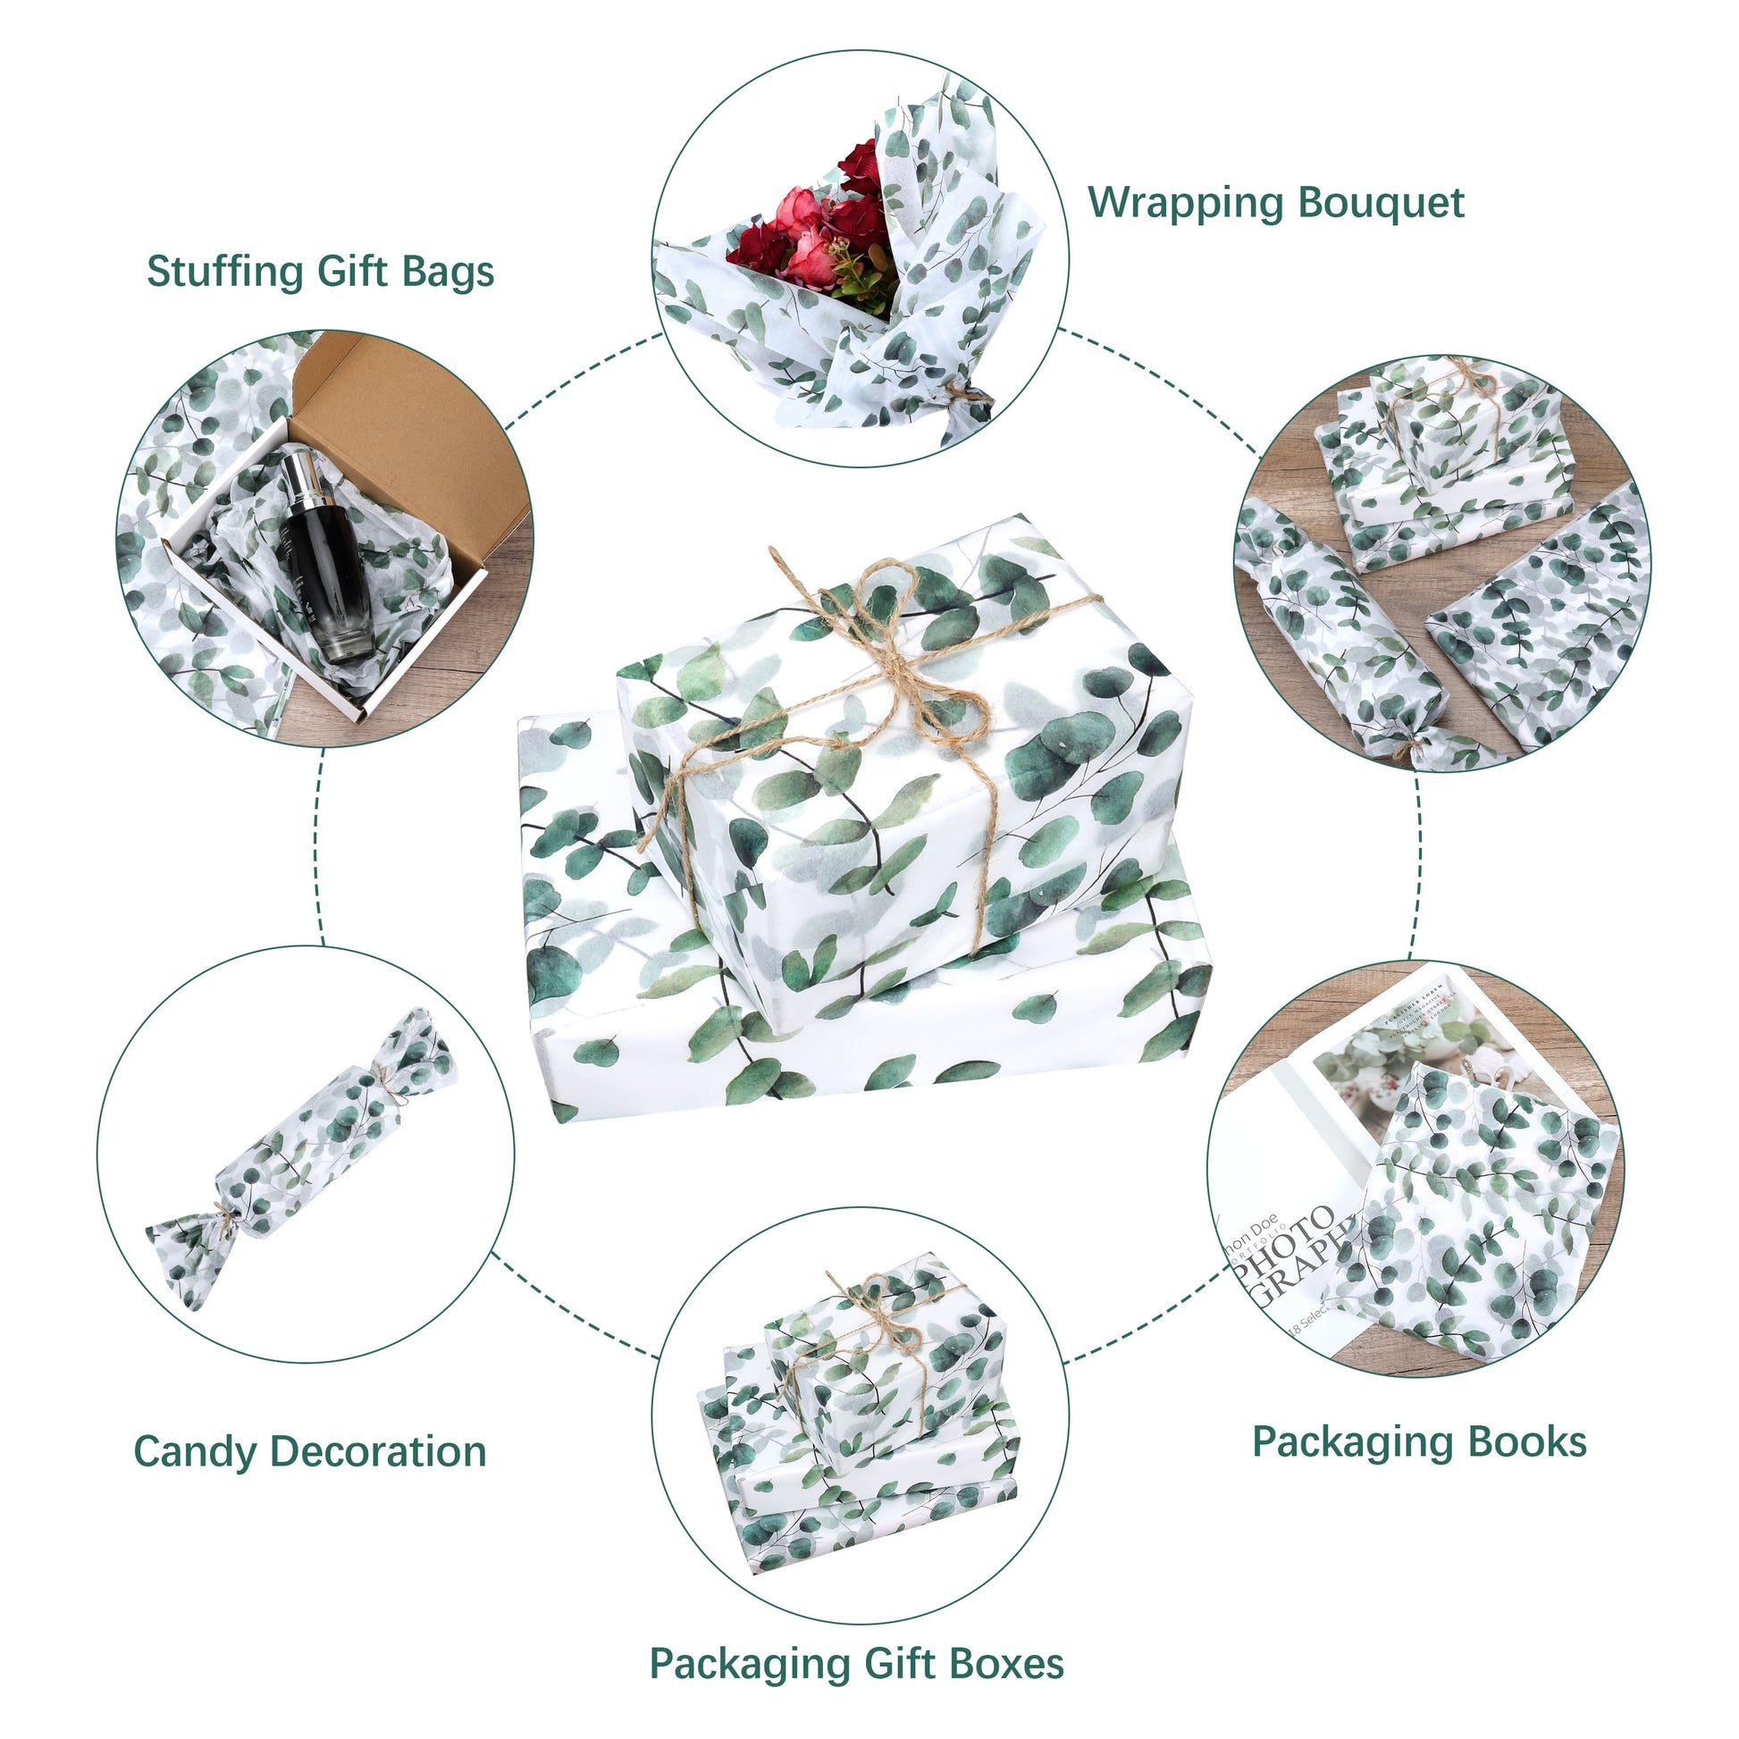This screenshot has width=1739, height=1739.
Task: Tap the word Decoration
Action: (378, 1452)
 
